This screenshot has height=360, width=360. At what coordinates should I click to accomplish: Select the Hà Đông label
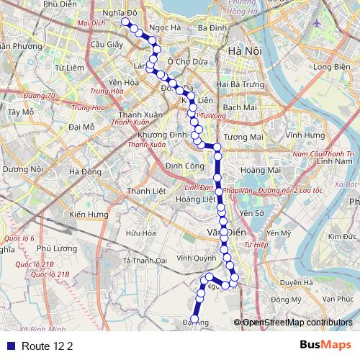click(x=86, y=171)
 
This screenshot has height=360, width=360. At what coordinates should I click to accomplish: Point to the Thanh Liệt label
click(x=142, y=191)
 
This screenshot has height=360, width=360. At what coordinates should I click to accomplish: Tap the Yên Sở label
click(x=253, y=213)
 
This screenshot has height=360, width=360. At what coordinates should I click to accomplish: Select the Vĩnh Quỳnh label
click(x=194, y=257)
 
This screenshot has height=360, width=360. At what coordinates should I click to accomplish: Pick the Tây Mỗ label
click(x=20, y=112)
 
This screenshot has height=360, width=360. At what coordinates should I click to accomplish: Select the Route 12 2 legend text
click(x=48, y=346)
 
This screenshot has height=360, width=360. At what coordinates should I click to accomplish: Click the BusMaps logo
click(x=326, y=345)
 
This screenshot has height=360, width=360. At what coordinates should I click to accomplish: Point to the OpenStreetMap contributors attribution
click(x=297, y=323)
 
